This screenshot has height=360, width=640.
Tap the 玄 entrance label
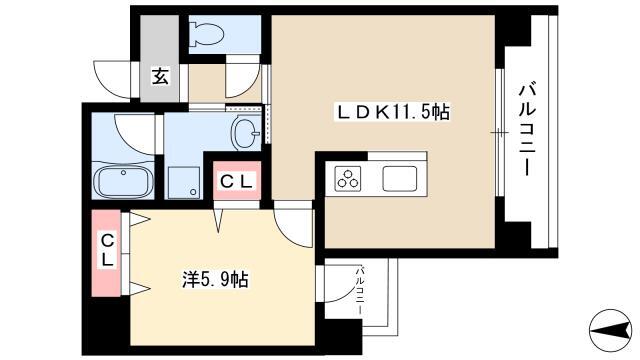(x=160, y=76)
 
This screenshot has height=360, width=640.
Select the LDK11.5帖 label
(x=393, y=112)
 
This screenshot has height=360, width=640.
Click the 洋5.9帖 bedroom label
(x=215, y=280)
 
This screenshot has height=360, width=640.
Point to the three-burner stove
(x=348, y=179)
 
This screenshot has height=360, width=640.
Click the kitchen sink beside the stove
(x=400, y=179)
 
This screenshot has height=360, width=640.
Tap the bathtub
(x=123, y=180)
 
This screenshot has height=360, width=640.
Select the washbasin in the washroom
(x=246, y=132)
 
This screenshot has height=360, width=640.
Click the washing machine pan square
(x=184, y=182)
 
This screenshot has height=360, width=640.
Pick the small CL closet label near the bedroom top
(x=237, y=181)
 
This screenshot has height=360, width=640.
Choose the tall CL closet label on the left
(x=107, y=250)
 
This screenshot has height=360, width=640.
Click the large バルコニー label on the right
(x=527, y=129)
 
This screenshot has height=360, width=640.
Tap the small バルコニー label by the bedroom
(x=360, y=290)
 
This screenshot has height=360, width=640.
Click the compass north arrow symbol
(x=611, y=330)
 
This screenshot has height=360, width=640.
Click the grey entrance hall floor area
(x=160, y=58)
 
